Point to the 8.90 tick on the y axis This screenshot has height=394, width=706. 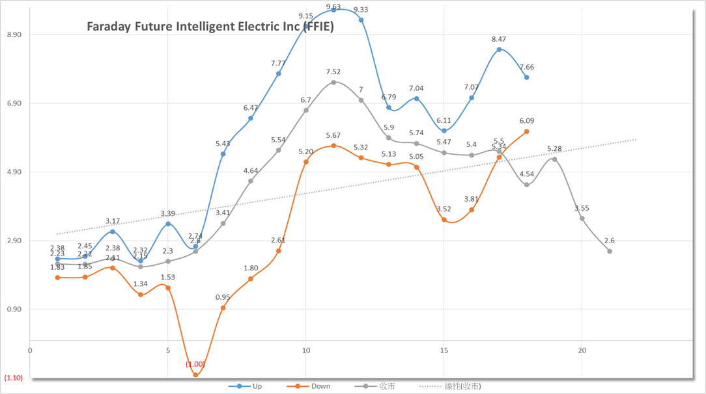(13, 34)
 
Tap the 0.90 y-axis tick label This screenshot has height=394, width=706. (13, 309)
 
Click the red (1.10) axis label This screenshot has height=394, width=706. (13, 378)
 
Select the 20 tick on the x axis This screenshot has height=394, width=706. (582, 350)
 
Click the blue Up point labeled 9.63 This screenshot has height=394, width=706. (333, 10)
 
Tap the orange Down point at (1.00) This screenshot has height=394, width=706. (195, 375)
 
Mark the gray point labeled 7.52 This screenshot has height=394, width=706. (333, 82)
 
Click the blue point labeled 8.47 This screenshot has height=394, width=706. (499, 49)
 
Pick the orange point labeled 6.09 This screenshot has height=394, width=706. (526, 131)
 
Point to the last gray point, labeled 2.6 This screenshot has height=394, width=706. (610, 251)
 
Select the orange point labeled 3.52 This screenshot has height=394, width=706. (444, 220)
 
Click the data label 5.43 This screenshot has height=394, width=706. (223, 144)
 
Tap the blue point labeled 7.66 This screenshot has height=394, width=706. (526, 77)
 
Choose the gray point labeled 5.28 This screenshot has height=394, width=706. (554, 159)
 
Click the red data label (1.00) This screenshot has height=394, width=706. (195, 364)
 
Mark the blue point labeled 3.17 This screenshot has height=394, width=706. (113, 231)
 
